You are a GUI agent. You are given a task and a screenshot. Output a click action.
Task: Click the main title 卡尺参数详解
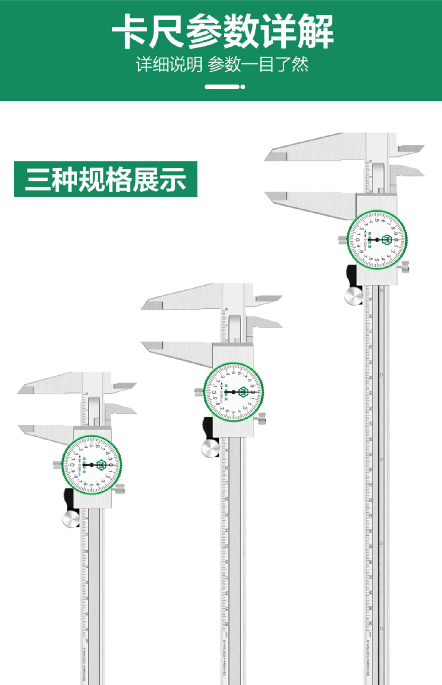pos(222,31)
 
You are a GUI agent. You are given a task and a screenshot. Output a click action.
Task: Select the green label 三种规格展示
pos(105,179)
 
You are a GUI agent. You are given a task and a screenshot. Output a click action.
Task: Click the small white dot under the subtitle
pos(243,87)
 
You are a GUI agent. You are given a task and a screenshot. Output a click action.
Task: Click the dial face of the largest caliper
pos(377,240)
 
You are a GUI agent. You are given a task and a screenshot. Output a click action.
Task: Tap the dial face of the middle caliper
pos(234,392)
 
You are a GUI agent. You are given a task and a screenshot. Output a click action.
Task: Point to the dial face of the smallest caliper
pos(92,465)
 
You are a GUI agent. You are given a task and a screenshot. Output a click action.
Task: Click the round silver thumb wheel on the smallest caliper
pos(71,519)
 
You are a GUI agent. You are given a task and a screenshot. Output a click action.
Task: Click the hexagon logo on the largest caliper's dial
pos(387,240)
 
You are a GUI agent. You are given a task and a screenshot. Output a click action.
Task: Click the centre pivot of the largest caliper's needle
pos(377,240)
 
